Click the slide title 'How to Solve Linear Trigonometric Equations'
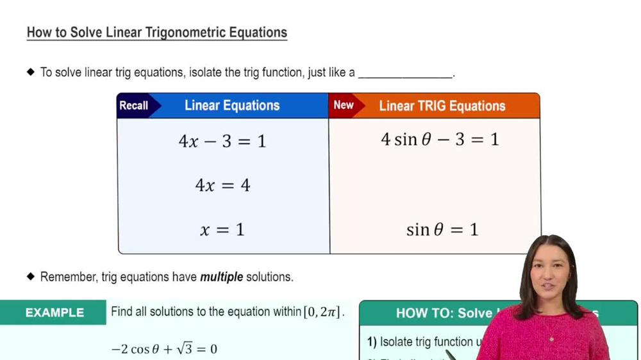[x=156, y=33]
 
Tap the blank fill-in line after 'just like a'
[x=405, y=73]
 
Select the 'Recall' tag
[x=134, y=106]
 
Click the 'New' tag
[x=344, y=106]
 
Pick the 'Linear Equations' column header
[x=232, y=106]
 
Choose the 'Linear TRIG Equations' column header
[x=442, y=106]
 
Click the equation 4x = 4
[x=222, y=186]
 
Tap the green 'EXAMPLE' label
[x=54, y=313]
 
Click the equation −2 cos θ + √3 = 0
[x=164, y=349]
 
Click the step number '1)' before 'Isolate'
[x=372, y=342]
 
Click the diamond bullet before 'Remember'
[x=31, y=277]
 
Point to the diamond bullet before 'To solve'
[x=31, y=72]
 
